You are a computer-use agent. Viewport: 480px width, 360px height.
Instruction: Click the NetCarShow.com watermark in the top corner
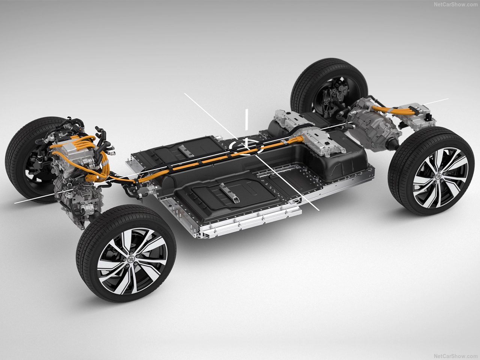(456, 5)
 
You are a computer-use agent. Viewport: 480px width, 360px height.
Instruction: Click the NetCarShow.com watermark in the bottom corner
(456, 356)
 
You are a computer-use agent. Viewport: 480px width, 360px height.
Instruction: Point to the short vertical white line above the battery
(246, 120)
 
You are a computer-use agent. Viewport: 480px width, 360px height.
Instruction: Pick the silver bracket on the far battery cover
(186, 151)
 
